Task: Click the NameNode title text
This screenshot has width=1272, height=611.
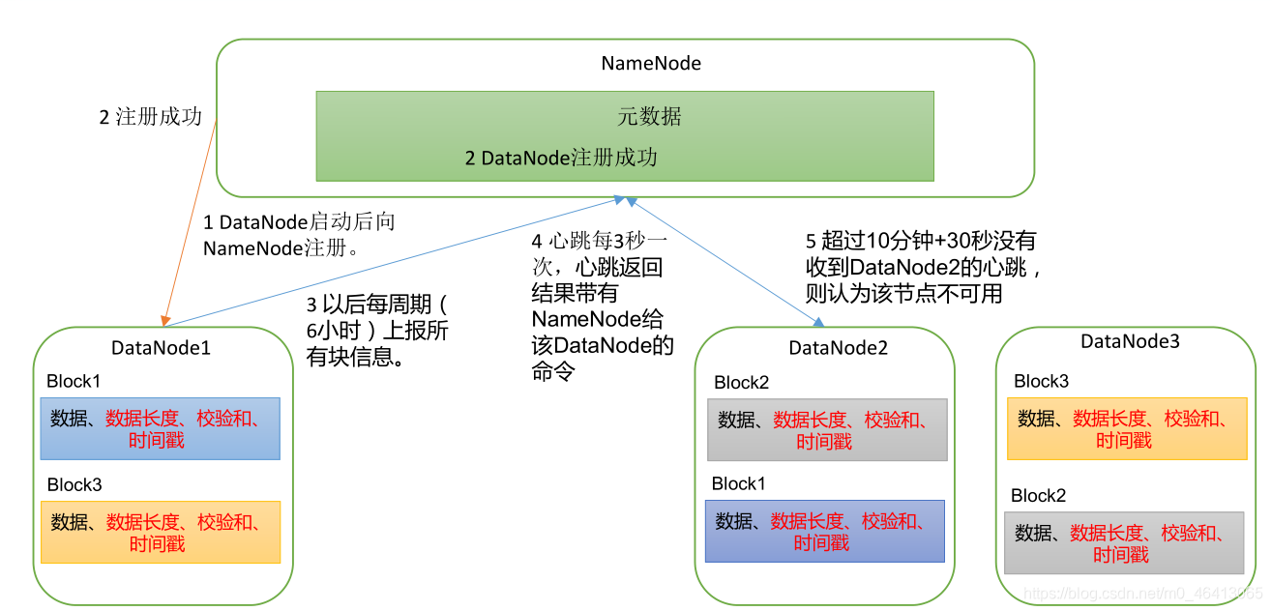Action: (x=651, y=64)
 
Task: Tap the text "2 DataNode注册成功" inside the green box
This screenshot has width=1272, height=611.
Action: (x=561, y=158)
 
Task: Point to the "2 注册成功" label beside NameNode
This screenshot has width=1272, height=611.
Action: (x=150, y=117)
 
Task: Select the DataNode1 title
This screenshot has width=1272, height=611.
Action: (x=161, y=348)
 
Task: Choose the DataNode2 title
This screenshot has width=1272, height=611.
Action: (x=838, y=348)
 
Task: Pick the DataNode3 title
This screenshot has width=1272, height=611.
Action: (x=1130, y=341)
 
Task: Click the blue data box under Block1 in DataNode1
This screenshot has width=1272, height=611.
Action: (x=160, y=428)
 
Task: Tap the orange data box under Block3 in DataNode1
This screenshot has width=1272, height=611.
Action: (x=160, y=532)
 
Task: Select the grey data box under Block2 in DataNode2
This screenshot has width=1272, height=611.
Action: (x=827, y=429)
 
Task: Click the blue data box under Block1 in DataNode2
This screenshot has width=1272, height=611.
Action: (x=824, y=531)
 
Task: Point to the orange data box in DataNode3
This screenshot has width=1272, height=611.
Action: (x=1126, y=428)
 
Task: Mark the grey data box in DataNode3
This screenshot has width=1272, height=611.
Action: (x=1124, y=542)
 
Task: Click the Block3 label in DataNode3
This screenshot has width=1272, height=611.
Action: (x=1041, y=381)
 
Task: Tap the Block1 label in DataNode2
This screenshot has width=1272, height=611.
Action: (x=740, y=483)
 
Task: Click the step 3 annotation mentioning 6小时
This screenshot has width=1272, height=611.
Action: (x=376, y=331)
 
